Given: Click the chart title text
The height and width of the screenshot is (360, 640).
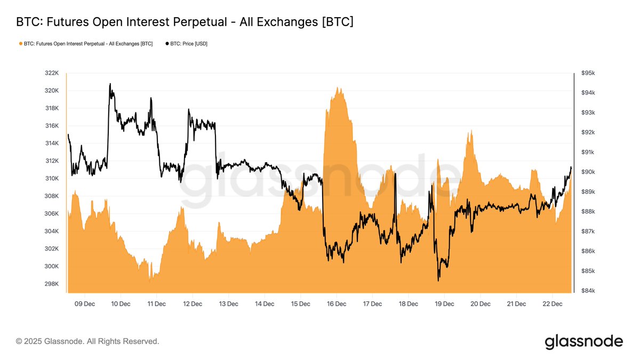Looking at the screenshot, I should coord(185,22).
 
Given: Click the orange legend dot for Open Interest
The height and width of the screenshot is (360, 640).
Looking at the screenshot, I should coord(20,44).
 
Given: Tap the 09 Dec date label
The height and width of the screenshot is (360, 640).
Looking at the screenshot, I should coord(85,304).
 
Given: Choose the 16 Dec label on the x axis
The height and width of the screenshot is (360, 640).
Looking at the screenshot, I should coord(337,304).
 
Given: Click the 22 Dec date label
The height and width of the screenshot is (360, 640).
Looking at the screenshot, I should coord(553,304).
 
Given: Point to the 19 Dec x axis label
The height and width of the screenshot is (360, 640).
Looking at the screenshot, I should coord(444,304).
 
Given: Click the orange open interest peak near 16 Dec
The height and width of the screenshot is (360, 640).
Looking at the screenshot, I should coord(338,87).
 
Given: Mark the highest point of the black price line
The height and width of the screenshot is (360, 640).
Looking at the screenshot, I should coord(110,84).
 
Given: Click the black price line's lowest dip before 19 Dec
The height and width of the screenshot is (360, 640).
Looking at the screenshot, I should coord(438,281).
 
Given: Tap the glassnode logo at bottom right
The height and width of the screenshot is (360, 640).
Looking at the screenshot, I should coord(583,341).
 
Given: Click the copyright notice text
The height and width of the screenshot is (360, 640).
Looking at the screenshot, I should coord(87,341).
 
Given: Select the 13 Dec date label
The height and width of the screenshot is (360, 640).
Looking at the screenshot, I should coord(229,304).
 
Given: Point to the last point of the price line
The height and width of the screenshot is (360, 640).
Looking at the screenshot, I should coord(571,167).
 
